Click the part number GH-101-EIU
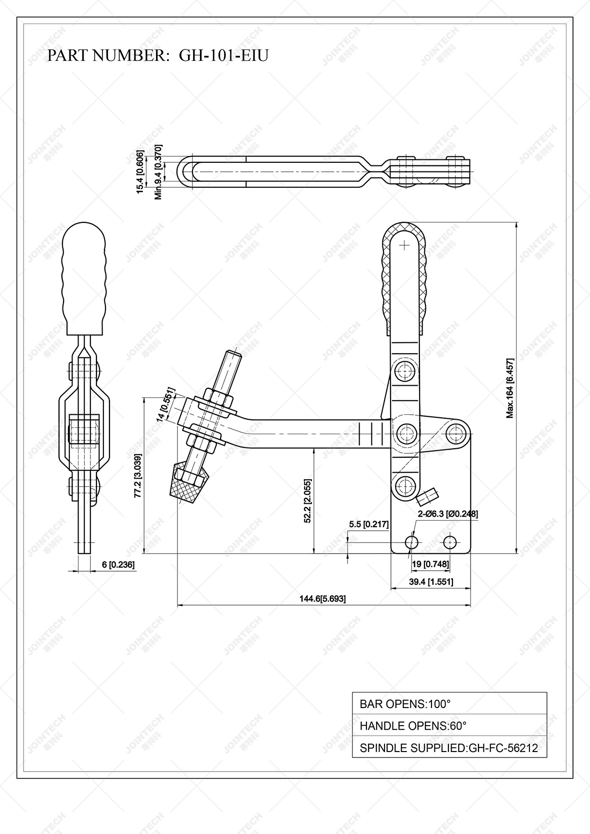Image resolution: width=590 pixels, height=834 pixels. [223, 55]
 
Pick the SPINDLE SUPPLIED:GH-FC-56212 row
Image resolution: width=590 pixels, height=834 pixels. [448, 748]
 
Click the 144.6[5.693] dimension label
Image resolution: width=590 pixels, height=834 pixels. [322, 599]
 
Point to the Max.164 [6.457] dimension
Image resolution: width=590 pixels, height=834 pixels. [509, 388]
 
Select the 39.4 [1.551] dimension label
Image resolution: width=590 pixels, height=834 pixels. [431, 582]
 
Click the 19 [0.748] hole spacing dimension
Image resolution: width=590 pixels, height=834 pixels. [430, 564]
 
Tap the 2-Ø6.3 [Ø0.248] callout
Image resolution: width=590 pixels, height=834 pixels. [448, 513]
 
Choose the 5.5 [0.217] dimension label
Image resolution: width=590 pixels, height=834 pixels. [368, 524]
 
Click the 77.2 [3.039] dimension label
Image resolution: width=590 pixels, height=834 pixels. [137, 476]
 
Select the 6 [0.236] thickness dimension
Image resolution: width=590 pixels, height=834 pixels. [118, 565]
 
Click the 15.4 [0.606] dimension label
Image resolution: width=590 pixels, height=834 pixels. [140, 171]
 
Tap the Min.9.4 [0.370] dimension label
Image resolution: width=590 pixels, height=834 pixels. [158, 172]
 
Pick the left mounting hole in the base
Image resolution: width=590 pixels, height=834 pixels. [411, 542]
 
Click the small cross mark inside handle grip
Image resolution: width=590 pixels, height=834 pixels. [404, 245]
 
